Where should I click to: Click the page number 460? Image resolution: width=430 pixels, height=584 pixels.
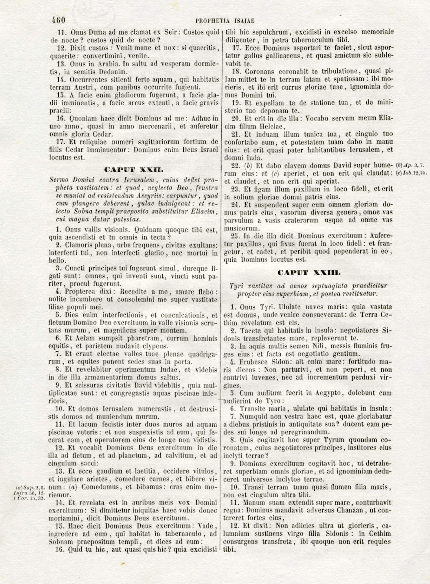[x=58, y=20]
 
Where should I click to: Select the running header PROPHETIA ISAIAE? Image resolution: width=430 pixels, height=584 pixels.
[x=225, y=20]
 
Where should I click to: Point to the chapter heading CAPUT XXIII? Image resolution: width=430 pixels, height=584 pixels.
[x=309, y=272]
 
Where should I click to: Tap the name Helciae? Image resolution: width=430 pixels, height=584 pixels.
[x=266, y=127]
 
